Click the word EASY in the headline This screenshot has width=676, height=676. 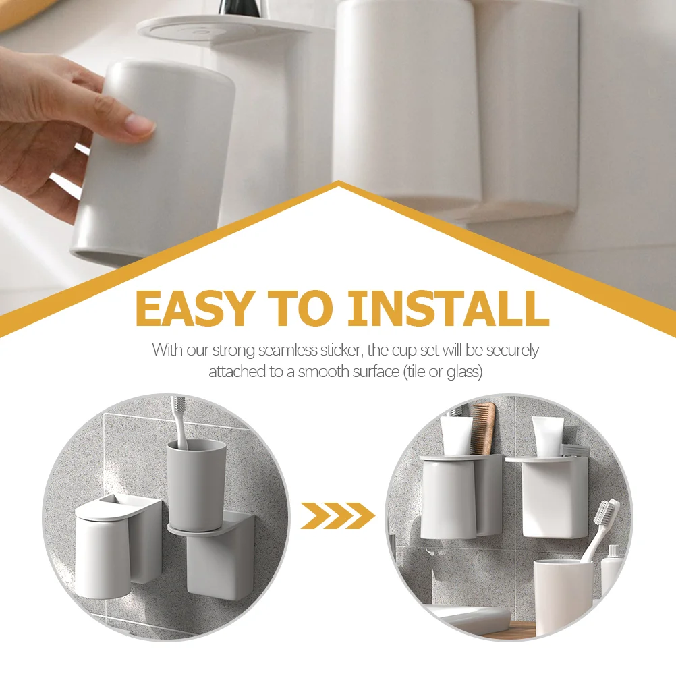(x=192, y=308)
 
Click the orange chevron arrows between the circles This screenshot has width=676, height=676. (x=337, y=515)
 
